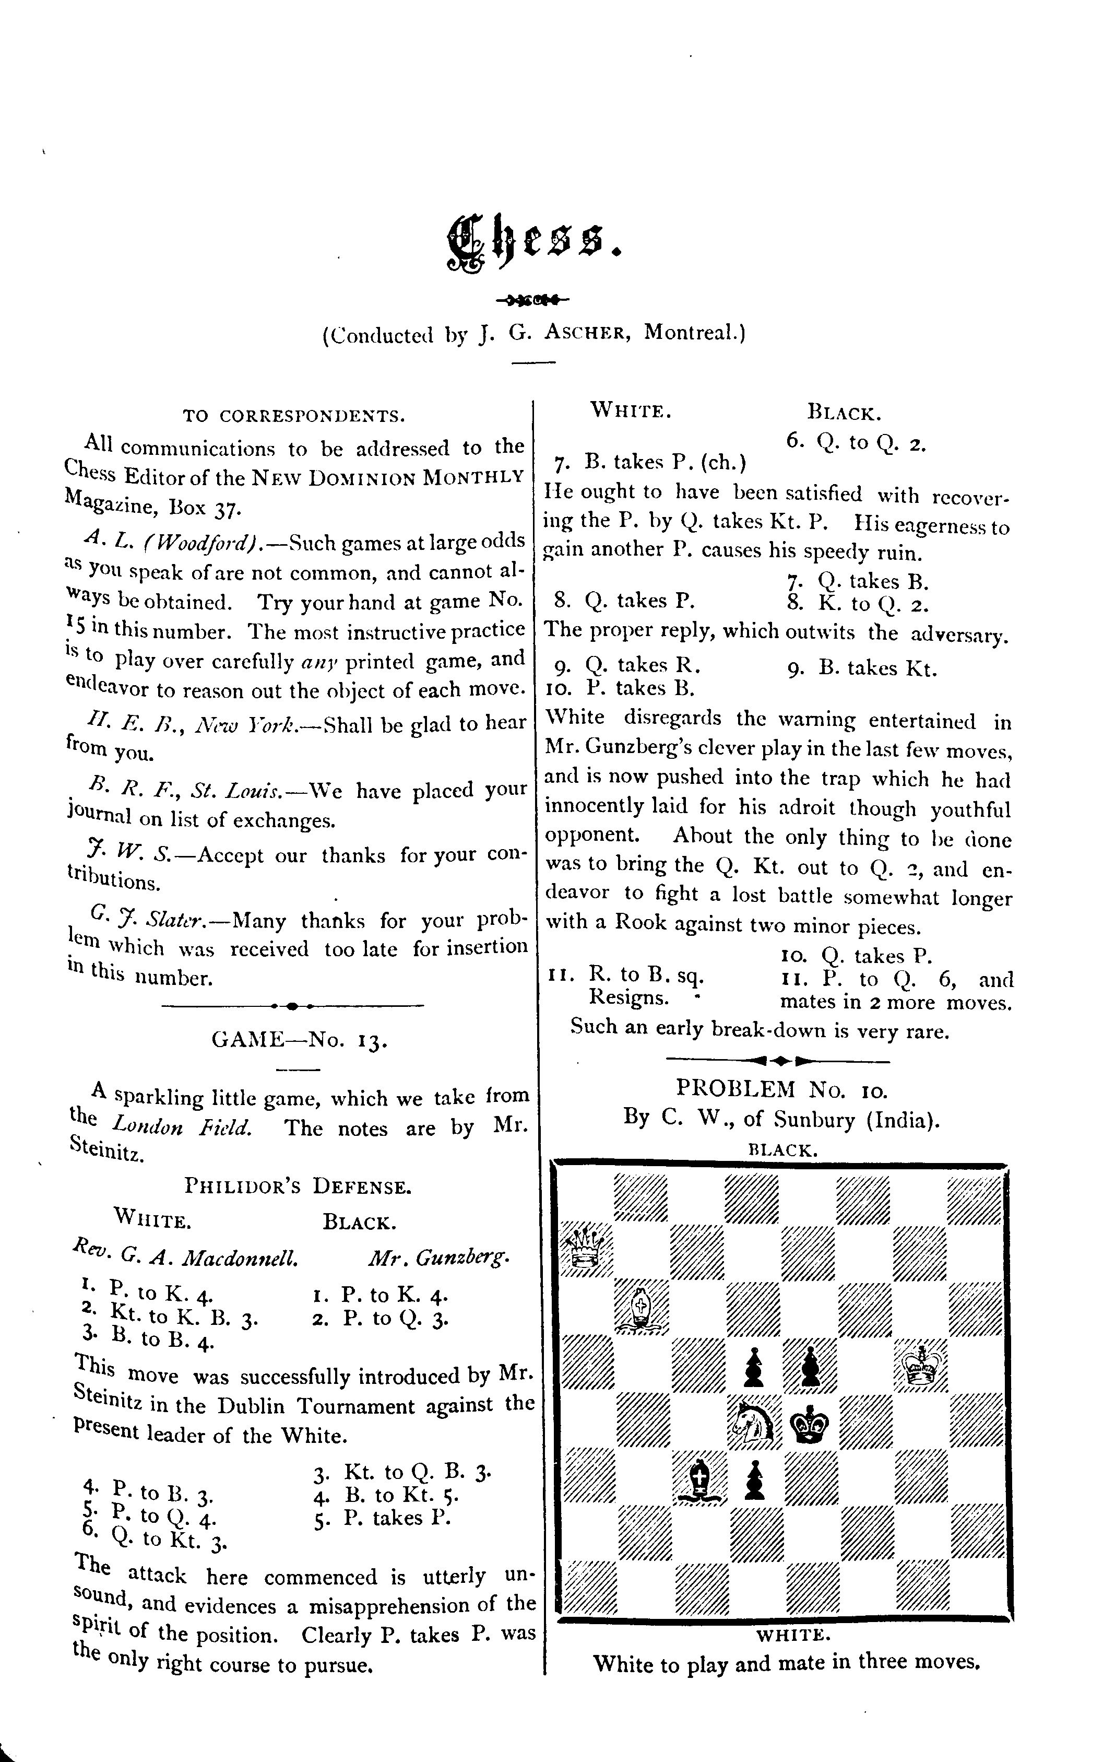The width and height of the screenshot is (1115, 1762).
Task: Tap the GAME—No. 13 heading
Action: pyautogui.click(x=299, y=1040)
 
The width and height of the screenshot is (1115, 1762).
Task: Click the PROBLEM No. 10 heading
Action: pyautogui.click(x=781, y=1089)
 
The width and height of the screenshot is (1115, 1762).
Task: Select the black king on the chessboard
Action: pyautogui.click(x=811, y=1424)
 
